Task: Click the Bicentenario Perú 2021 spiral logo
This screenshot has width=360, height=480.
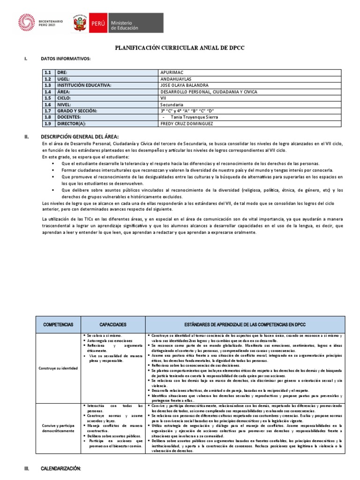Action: coord(26,22)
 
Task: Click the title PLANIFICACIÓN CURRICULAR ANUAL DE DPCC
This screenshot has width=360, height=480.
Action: coord(180,48)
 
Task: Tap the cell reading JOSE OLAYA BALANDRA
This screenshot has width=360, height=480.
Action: coord(185,85)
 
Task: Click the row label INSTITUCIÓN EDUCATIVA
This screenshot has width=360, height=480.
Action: coord(84,85)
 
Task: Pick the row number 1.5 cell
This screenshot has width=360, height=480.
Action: coord(47,98)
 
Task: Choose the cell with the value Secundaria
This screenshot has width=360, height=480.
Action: coord(172,105)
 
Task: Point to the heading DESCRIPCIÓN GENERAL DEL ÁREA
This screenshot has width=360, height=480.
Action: coord(77,136)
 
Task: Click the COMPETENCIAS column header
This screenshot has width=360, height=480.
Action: coord(58,324)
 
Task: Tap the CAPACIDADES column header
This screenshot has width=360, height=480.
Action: coord(113,324)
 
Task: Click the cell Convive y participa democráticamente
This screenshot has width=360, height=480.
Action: coord(58,427)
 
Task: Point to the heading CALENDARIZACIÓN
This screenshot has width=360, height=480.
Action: coord(61,468)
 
